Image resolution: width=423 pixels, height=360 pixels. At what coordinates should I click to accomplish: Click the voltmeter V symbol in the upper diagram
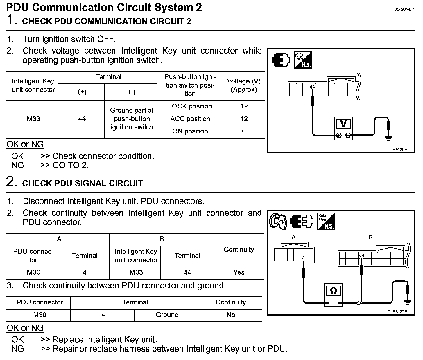(343, 124)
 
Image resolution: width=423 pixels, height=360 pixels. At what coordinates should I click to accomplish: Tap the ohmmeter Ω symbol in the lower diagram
(333, 291)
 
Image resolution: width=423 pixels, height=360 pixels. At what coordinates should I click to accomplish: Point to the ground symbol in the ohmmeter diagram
(408, 303)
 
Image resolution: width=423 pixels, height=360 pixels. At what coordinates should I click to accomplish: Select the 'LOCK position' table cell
(190, 106)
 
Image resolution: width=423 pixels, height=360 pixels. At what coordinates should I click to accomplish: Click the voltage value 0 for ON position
(244, 131)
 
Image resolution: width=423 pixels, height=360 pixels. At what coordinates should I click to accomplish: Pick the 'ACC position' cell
(190, 119)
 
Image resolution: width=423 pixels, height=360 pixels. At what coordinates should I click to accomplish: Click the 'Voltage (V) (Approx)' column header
(244, 85)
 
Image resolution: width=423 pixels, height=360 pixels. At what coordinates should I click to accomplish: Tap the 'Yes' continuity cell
(239, 272)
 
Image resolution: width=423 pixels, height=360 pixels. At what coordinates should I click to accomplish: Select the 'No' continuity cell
(231, 315)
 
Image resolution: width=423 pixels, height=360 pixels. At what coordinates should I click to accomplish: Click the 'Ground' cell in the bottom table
(167, 315)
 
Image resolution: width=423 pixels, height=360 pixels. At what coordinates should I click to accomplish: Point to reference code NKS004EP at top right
(405, 10)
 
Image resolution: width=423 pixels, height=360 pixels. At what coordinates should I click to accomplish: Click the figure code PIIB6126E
(397, 149)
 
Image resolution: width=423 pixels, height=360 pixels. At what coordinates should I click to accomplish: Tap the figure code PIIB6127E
(397, 311)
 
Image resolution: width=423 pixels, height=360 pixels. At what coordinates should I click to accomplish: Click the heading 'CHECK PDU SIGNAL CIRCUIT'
(83, 183)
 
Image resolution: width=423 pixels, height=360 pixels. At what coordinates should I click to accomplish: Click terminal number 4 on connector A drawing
(303, 258)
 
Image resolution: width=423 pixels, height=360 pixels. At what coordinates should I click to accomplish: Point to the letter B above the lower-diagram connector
(370, 238)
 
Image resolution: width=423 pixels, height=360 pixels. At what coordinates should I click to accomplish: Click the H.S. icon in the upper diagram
(303, 60)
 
